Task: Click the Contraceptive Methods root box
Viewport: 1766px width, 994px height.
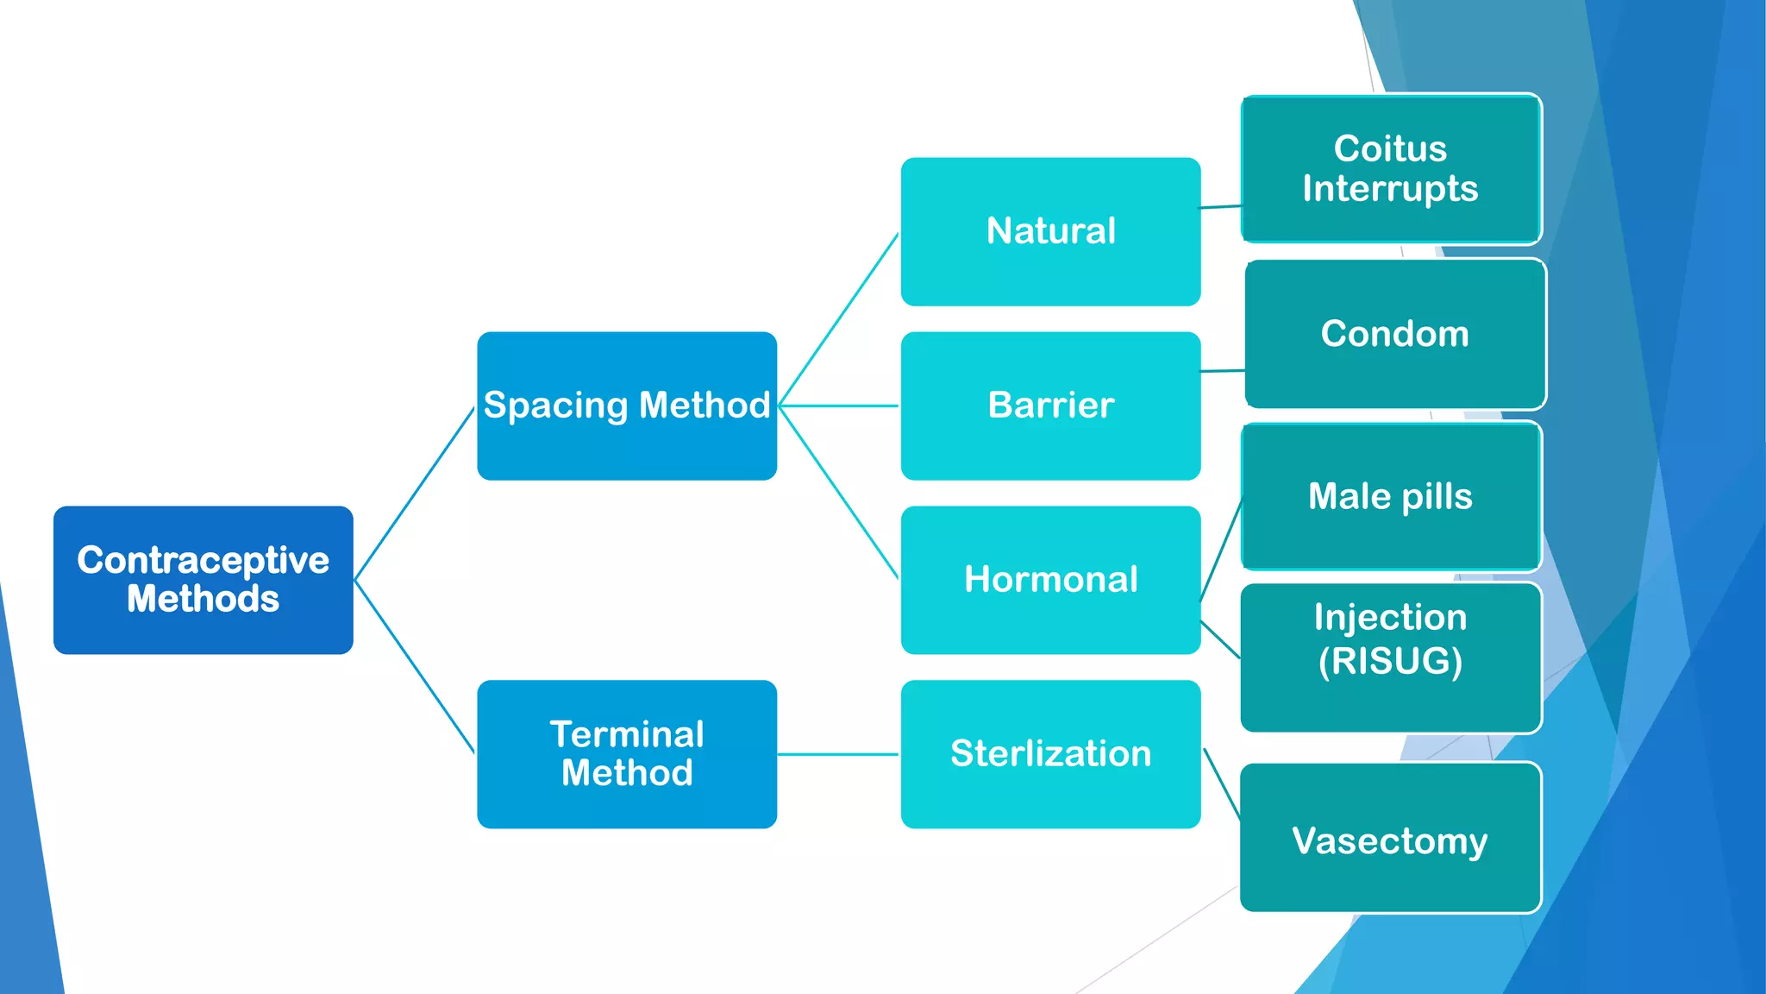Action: (203, 580)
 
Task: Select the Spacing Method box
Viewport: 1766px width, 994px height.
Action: (627, 406)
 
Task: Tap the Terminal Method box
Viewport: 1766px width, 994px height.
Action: (627, 754)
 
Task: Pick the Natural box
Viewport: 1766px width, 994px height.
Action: (1050, 231)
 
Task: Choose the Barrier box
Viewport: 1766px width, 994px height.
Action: (1050, 406)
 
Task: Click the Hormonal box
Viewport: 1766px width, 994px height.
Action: (1050, 580)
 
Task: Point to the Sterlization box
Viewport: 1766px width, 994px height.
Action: (1050, 754)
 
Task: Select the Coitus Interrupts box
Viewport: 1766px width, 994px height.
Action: (1390, 168)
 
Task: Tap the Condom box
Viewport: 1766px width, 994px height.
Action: (1394, 334)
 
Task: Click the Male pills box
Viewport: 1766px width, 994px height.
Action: (1390, 496)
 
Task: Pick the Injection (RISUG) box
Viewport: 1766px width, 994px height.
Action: (1390, 657)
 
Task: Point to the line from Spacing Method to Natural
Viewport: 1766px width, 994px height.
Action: (838, 319)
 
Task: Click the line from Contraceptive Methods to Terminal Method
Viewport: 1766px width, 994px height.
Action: (414, 666)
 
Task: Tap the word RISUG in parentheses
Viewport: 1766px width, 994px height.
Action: (1390, 662)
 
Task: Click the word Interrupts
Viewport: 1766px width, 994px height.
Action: (1390, 189)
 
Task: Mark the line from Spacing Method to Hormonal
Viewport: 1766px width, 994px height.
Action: (838, 492)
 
